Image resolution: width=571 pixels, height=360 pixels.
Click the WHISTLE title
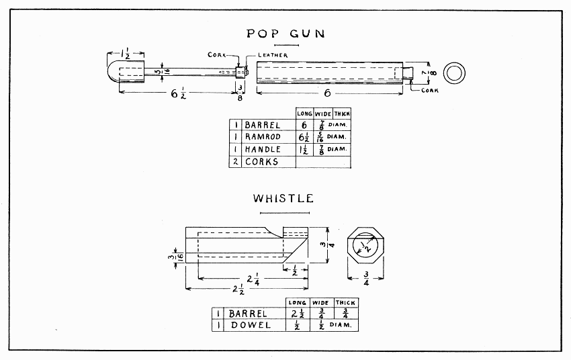click(283, 198)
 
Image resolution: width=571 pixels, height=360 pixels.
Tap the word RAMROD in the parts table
click(263, 137)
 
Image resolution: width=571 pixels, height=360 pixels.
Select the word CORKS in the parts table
click(261, 162)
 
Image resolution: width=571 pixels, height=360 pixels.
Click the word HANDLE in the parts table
click(263, 149)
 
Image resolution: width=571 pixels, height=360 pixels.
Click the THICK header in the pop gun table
click(342, 114)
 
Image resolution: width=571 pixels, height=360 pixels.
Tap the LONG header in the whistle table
click(297, 303)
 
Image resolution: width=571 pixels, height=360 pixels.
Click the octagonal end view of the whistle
click(365, 246)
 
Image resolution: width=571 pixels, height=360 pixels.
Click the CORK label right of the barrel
click(429, 91)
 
